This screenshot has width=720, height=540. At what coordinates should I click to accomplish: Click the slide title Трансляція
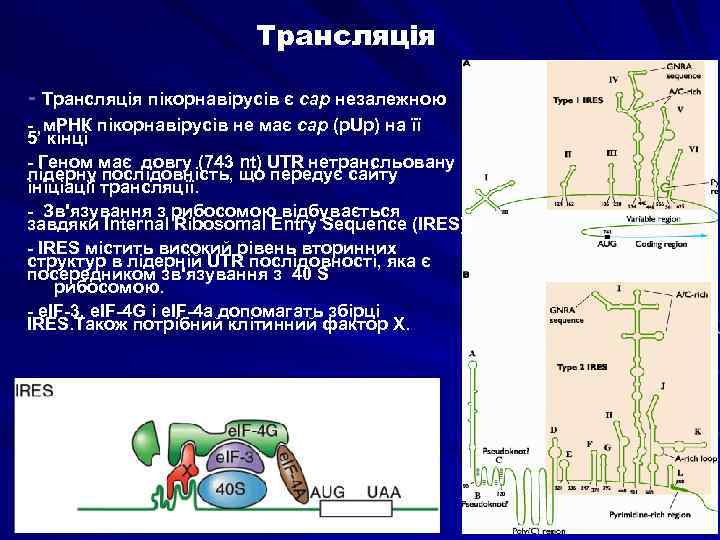pos(345,36)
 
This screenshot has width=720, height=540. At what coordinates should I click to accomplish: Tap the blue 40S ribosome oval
pos(233,488)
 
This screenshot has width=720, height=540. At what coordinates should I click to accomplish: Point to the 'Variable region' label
pos(648,217)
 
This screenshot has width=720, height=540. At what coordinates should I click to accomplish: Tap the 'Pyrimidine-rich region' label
pos(650,514)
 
